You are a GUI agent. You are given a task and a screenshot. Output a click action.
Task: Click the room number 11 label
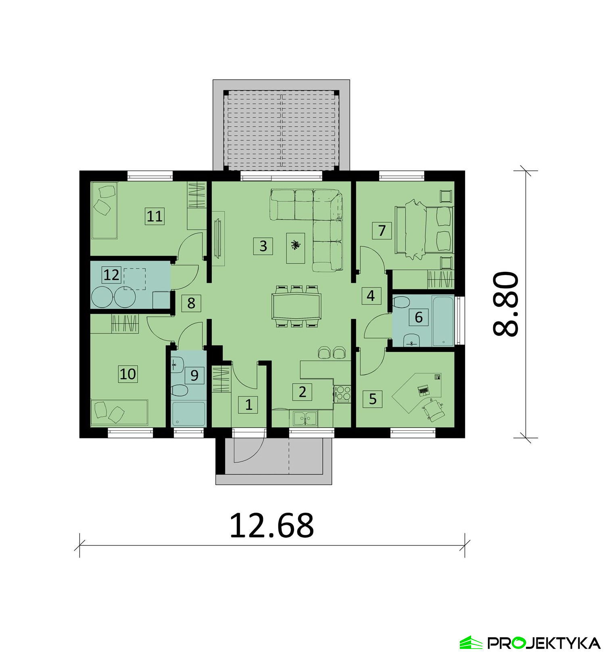tap(154, 216)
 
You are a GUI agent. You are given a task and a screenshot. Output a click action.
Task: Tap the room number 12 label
tap(111, 275)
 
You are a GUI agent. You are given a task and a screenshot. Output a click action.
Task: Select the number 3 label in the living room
tap(263, 246)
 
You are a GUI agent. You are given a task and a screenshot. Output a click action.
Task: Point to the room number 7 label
tap(382, 230)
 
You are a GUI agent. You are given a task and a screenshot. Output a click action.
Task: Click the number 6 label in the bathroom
tap(419, 317)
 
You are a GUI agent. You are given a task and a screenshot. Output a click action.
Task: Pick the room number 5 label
tap(372, 399)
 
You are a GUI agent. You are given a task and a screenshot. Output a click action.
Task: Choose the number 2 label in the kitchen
tap(302, 391)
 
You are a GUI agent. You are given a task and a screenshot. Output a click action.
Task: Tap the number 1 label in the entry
tap(248, 404)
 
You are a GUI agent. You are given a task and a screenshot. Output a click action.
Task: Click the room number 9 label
tap(194, 375)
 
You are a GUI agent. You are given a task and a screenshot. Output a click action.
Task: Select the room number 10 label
tap(128, 374)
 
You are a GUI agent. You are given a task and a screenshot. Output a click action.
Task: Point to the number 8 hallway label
tap(191, 302)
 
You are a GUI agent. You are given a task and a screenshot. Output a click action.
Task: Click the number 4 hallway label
tap(371, 296)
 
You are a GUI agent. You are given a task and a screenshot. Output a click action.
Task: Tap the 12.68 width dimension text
tap(271, 526)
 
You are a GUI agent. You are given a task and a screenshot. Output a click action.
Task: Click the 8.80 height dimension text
tap(506, 304)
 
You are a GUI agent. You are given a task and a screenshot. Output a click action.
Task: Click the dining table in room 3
tap(296, 306)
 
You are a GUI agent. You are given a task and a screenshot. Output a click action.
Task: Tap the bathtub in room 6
tap(443, 321)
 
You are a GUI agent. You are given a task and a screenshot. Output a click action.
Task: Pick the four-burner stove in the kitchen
tap(343, 393)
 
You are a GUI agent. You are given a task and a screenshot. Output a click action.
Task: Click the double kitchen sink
tap(305, 418)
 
